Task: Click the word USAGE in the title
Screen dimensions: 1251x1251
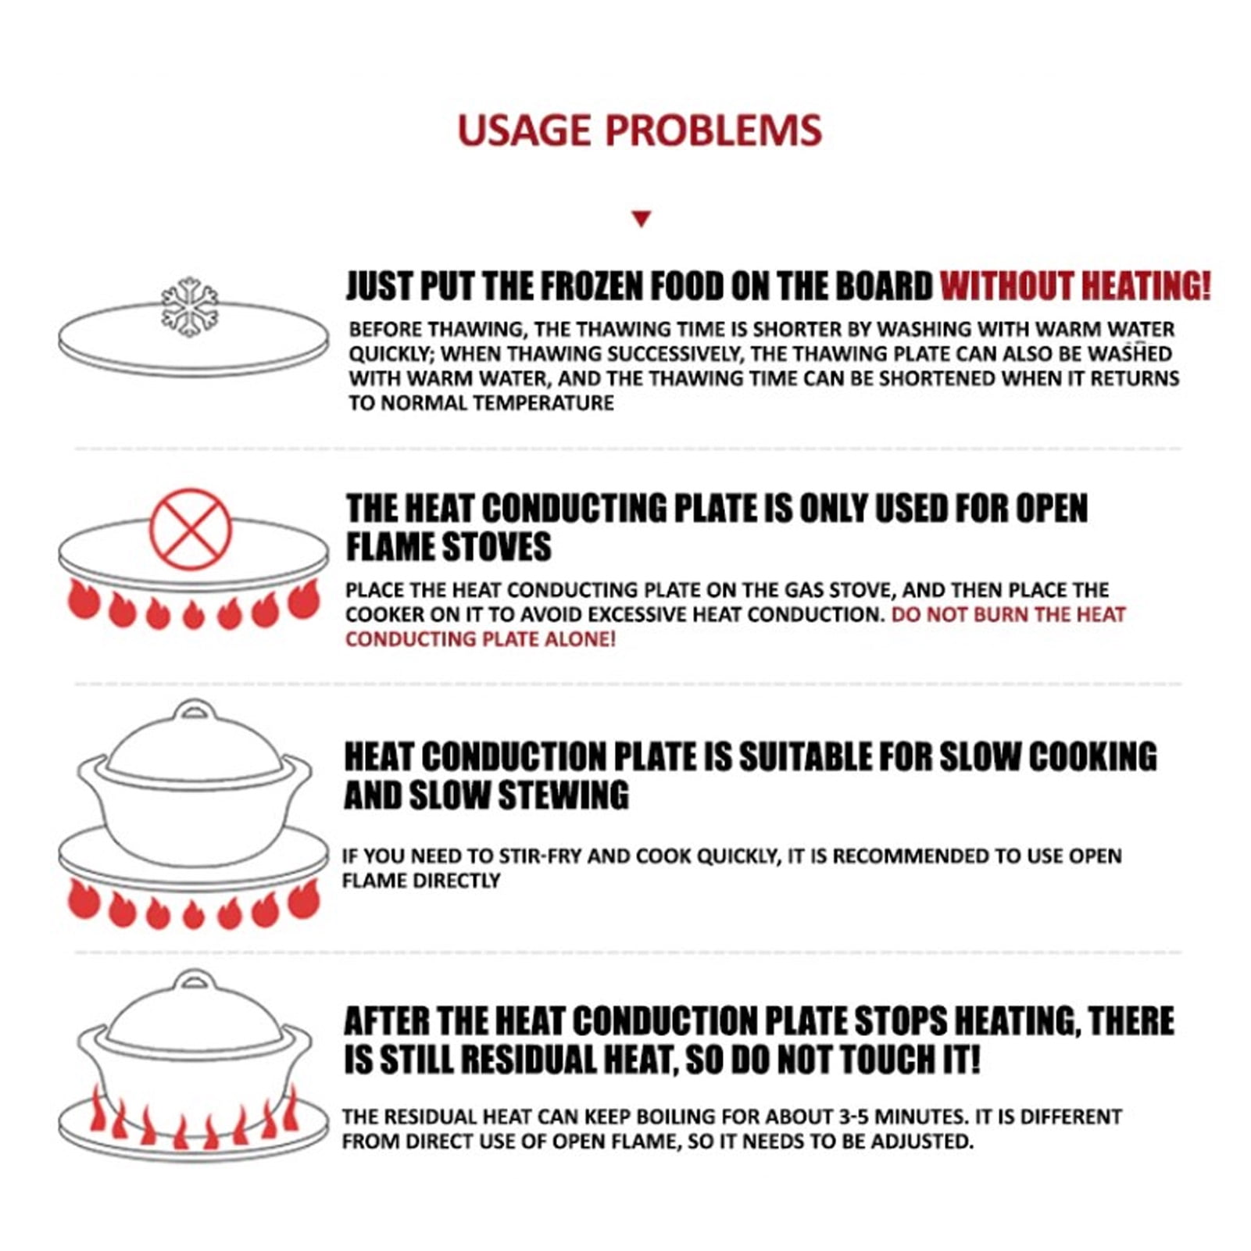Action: (524, 130)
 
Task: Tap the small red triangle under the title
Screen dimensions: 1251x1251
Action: (642, 219)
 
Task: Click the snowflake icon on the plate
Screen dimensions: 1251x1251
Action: (190, 307)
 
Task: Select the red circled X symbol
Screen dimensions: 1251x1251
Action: (191, 529)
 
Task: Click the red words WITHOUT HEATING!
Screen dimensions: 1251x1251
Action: (1075, 286)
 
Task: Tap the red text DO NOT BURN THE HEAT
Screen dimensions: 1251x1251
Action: (1008, 614)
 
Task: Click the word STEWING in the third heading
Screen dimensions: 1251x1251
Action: (563, 795)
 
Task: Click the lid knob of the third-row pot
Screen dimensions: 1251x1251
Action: (195, 710)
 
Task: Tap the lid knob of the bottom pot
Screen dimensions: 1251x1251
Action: (195, 981)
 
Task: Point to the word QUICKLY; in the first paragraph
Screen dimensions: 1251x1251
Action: (391, 354)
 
